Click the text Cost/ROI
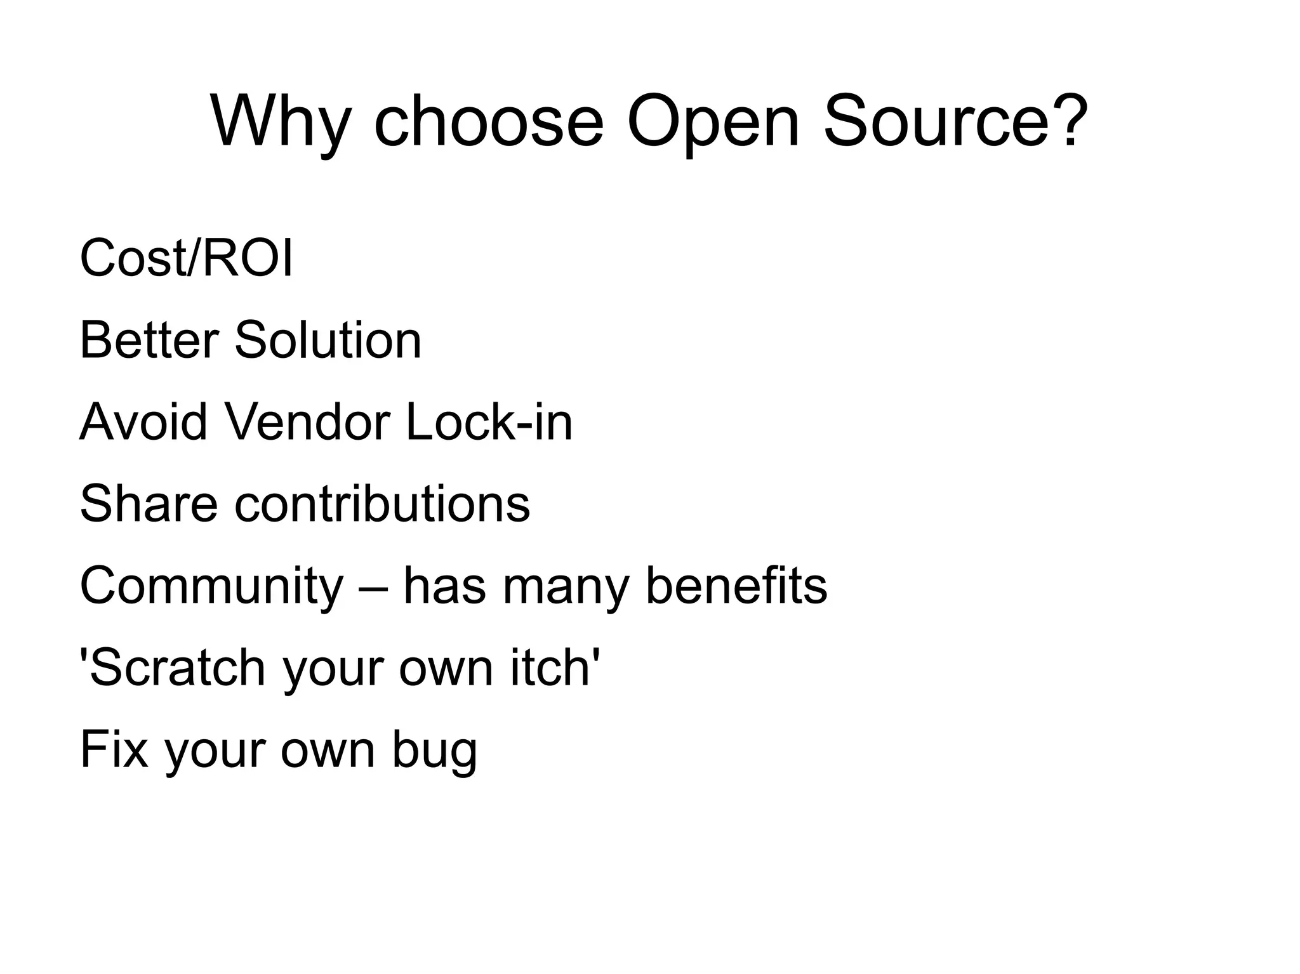pos(186,258)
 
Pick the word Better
pos(149,340)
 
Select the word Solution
pos(328,340)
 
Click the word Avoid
pos(143,422)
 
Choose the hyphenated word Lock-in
pos(489,422)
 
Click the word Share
pos(149,504)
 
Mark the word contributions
pos(382,504)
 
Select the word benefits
pos(736,586)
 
